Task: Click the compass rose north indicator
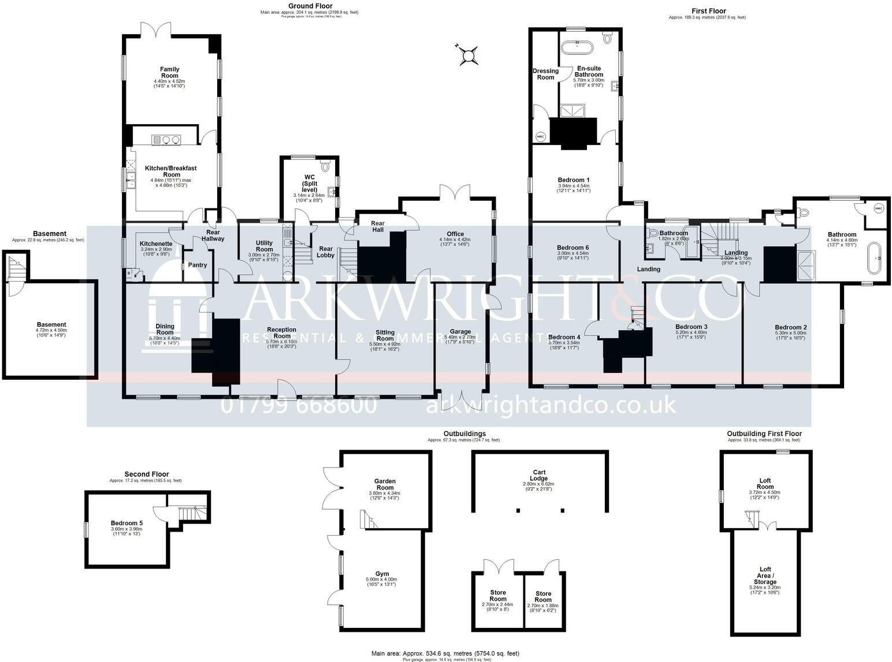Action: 467,55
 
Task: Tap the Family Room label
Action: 169,73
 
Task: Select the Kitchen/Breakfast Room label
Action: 170,171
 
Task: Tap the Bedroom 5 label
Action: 126,523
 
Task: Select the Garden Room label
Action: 385,484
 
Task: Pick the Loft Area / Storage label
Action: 765,575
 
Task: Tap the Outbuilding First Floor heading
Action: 764,433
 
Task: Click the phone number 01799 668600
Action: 299,406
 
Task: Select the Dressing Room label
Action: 545,74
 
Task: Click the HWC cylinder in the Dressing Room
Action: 541,137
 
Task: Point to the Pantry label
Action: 198,265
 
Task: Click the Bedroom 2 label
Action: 790,327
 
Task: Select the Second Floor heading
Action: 147,474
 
